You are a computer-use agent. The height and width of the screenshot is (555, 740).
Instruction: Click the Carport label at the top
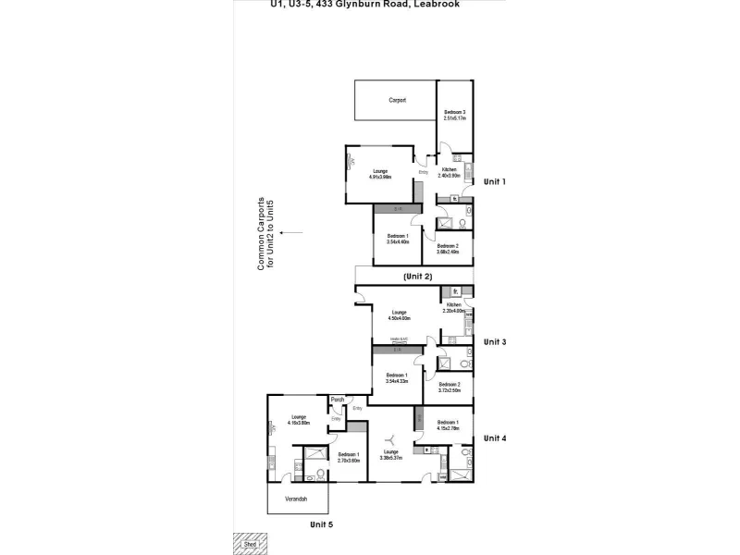tap(397, 100)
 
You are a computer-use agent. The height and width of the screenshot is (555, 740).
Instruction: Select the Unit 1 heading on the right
tap(496, 182)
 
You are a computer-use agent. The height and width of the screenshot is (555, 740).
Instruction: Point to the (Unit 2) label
tap(418, 277)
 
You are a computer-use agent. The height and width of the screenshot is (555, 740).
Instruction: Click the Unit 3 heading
tap(496, 342)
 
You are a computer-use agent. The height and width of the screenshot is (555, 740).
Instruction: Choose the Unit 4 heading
tap(497, 438)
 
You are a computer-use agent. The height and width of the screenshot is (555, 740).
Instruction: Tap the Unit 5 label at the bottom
tap(320, 524)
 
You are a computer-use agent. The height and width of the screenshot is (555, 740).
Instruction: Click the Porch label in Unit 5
tap(338, 400)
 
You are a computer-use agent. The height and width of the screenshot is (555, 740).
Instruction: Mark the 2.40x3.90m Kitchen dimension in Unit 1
tap(449, 176)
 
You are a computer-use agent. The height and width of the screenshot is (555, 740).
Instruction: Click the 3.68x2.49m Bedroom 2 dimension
tap(449, 251)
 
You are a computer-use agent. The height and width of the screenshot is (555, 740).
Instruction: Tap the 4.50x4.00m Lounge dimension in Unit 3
tap(399, 318)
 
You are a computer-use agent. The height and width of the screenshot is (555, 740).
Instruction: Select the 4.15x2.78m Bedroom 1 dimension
tap(449, 428)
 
